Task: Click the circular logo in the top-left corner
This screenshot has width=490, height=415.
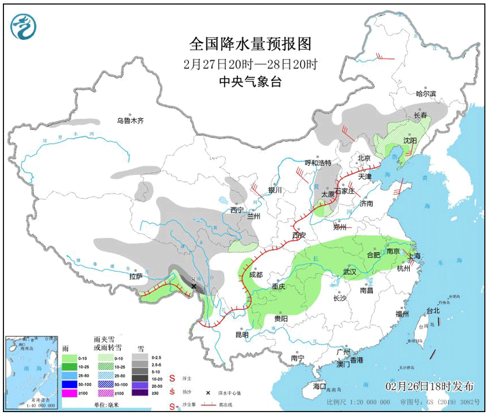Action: [23, 25]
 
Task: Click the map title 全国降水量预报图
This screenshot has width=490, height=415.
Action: [250, 44]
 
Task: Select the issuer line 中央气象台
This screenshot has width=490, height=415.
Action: [250, 81]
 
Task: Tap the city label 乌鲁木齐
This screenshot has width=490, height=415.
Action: [129, 121]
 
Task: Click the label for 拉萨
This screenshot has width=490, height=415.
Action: [135, 277]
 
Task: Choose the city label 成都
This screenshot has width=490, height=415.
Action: [255, 275]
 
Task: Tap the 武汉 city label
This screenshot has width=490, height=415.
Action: [350, 272]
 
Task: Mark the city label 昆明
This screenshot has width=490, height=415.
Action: [242, 335]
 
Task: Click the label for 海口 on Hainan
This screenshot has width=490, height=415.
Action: [320, 386]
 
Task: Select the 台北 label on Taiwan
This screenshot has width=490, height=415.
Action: [433, 310]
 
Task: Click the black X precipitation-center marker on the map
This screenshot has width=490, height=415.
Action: [194, 286]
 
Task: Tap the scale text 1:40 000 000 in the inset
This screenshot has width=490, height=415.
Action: [31, 403]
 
